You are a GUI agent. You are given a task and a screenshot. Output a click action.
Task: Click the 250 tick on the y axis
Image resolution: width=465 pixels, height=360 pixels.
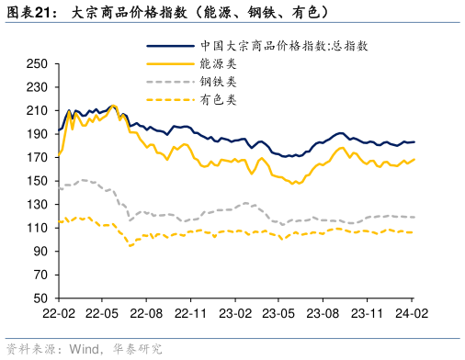[37, 63]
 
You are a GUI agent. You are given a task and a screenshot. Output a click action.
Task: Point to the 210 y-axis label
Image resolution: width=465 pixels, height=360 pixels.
[37, 110]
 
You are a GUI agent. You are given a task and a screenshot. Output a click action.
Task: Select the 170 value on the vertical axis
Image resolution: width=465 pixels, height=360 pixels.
[37, 157]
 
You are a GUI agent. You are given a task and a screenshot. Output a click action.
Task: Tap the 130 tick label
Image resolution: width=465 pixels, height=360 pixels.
[37, 204]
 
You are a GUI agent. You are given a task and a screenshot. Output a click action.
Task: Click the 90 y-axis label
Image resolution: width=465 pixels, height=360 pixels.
[40, 252]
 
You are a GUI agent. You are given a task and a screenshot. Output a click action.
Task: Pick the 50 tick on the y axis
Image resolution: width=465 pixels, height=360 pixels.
[40, 298]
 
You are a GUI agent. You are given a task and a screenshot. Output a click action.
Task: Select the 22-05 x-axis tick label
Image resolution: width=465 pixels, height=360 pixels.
[101, 313]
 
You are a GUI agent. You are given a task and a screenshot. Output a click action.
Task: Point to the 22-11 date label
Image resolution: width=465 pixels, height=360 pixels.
[189, 313]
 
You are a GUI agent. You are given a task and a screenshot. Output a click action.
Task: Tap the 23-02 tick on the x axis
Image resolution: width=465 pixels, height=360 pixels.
[233, 313]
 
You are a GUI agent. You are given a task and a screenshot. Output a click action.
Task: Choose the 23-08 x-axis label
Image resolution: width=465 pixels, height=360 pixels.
[323, 313]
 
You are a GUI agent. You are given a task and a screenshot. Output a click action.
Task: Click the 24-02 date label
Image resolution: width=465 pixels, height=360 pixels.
[411, 313]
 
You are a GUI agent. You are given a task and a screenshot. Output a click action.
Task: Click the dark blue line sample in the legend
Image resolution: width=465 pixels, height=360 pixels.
[168, 45]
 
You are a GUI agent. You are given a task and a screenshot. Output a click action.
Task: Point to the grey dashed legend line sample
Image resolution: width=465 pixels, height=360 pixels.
[168, 81]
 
